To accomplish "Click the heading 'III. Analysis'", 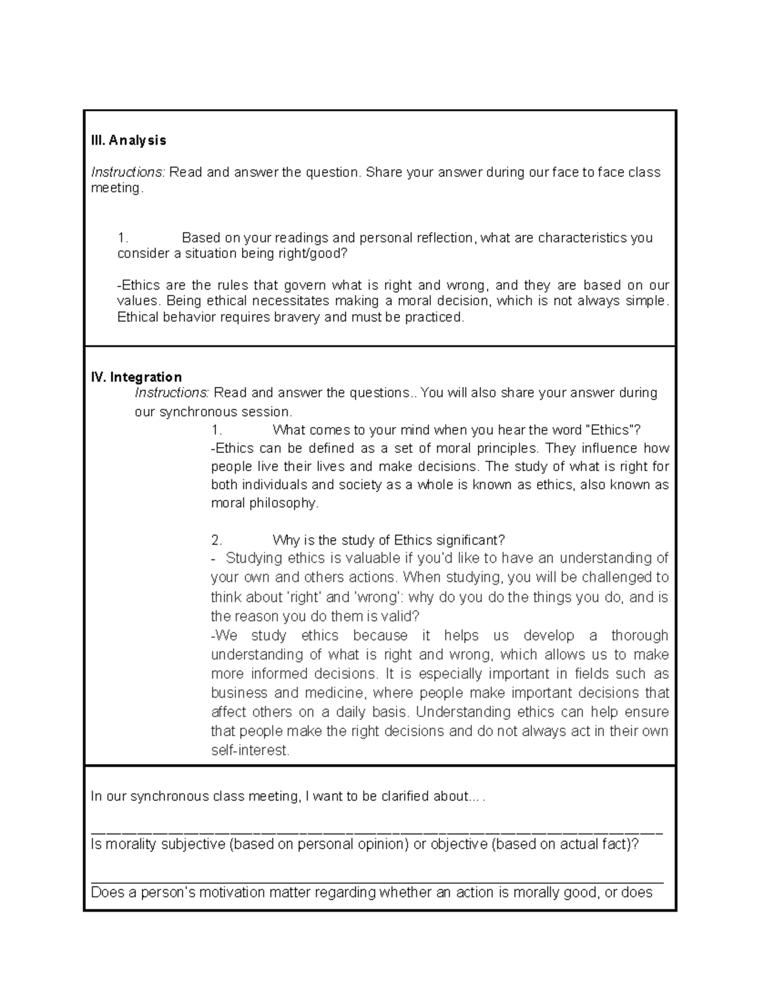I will click(128, 140).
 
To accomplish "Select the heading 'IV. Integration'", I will click(137, 377).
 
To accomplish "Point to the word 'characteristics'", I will click(582, 238).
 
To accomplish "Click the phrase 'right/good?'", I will click(315, 254).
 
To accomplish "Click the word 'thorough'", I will click(640, 636).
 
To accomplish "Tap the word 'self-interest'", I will click(250, 751).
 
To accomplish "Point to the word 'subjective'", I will click(193, 845).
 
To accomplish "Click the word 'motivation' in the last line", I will click(229, 893).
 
